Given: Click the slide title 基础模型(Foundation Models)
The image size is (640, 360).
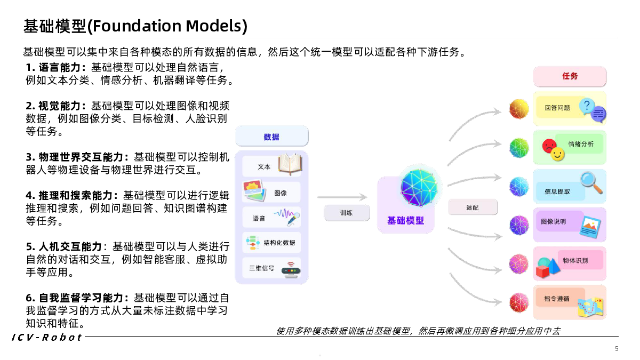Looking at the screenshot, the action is [135, 26].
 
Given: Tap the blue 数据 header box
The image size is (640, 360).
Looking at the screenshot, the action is [271, 137].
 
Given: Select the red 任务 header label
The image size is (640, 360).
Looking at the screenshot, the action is [570, 76].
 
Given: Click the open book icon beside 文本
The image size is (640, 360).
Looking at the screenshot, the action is [290, 164].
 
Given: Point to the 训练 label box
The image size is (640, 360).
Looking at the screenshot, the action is [347, 213].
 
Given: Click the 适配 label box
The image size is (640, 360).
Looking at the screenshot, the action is [473, 207].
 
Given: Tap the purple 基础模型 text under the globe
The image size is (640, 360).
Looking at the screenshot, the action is [406, 221].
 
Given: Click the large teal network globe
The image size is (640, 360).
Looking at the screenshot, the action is [419, 187].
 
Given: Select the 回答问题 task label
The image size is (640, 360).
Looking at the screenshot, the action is [557, 108].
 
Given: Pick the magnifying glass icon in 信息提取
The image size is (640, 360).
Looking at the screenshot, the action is [591, 183].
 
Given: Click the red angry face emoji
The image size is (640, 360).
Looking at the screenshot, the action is [549, 146].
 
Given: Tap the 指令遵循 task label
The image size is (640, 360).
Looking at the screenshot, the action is [557, 299].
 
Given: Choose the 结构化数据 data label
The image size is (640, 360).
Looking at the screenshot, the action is [279, 243].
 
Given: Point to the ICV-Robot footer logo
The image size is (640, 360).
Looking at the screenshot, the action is [47, 338].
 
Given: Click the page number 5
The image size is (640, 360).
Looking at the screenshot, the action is [617, 349].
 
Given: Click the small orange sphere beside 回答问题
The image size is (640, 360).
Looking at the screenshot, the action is [519, 109].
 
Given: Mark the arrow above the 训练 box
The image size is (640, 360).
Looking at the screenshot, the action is [342, 197].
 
